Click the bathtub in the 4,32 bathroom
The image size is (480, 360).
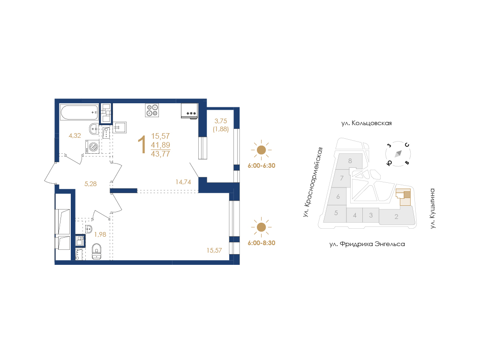[79, 112]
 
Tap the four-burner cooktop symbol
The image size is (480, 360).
[152, 110]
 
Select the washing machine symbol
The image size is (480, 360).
[92, 147]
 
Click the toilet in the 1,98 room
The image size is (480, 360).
[97, 252]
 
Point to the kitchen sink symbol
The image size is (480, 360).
[120, 127]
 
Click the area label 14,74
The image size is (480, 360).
[183, 182]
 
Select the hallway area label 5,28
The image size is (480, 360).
[90, 184]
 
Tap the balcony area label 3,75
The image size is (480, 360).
[221, 121]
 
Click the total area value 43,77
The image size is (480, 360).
[160, 154]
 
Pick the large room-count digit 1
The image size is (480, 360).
[142, 145]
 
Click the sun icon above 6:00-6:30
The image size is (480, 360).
[261, 150]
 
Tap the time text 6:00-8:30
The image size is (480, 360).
[262, 243]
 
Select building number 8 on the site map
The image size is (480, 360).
[350, 161]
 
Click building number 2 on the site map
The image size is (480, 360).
[397, 217]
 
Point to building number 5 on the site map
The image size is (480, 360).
[336, 213]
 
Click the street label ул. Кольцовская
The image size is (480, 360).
[367, 123]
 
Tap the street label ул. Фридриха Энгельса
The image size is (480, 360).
[367, 244]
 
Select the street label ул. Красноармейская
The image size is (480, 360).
[313, 182]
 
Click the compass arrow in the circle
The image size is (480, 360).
[398, 154]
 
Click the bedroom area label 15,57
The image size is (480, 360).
[214, 250]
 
